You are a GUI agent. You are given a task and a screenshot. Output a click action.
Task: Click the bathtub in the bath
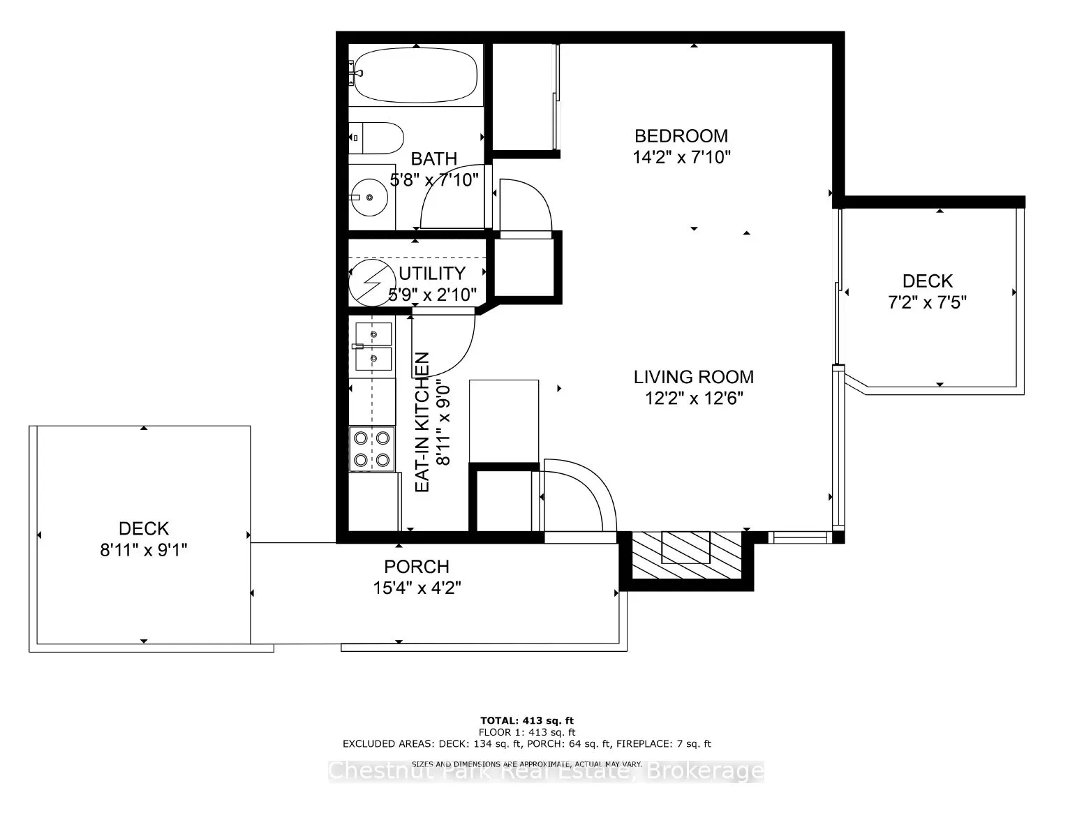(416, 75)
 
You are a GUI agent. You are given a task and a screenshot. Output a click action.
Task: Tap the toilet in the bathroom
(377, 138)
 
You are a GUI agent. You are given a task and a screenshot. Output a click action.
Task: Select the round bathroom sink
(369, 197)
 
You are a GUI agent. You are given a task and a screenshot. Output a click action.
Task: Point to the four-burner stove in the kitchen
(371, 449)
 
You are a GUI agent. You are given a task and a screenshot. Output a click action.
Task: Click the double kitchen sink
(373, 346)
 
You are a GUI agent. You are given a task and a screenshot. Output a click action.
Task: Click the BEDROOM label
(681, 135)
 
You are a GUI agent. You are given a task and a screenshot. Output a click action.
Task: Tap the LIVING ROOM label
(693, 377)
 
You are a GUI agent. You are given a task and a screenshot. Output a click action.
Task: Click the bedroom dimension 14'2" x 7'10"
(681, 157)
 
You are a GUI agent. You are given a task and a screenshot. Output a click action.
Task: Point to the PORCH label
(417, 567)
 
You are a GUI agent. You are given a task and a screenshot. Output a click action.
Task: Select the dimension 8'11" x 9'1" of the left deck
(144, 550)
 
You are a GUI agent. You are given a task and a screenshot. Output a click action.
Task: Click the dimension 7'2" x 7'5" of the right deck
(927, 302)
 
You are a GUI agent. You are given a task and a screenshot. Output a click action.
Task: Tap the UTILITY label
(431, 273)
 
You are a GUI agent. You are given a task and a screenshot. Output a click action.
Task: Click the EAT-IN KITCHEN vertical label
(422, 423)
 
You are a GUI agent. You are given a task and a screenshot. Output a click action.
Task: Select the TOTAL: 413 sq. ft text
(527, 720)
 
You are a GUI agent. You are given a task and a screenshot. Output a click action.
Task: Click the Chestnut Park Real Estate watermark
(546, 771)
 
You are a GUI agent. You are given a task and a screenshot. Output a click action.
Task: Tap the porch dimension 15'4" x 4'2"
(417, 588)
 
